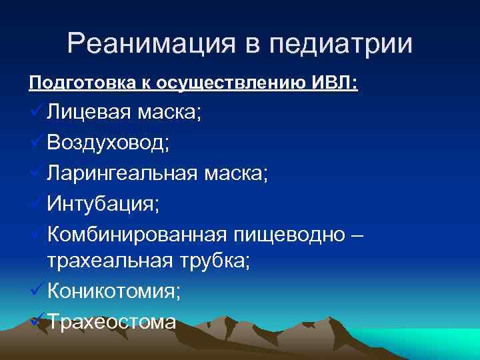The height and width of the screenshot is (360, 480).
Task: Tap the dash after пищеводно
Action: point(357,233)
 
